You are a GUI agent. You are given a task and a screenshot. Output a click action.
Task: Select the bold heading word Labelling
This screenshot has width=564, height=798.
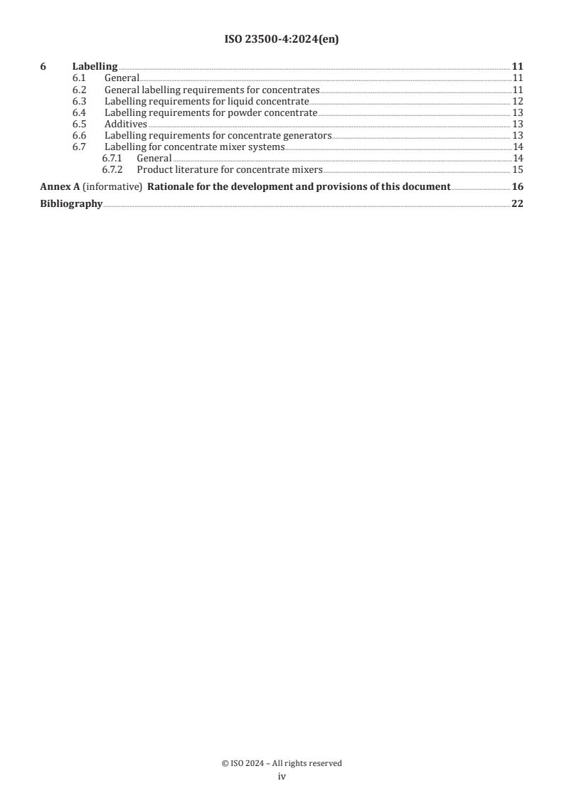point(95,67)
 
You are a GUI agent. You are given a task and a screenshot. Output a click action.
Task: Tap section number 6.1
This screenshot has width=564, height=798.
point(80,78)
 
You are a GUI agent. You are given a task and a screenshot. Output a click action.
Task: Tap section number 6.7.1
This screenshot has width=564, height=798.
point(112,159)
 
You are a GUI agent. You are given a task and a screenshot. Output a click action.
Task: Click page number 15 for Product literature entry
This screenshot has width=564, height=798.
point(518,170)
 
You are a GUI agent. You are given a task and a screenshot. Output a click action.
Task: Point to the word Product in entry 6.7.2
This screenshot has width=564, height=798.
point(155,170)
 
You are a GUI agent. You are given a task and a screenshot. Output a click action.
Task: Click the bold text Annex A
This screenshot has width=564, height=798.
point(58,188)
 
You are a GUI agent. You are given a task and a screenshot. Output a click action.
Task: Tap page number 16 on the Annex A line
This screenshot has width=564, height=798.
point(518,188)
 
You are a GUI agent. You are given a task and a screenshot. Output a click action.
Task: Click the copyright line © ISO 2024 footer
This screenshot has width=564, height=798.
point(282,763)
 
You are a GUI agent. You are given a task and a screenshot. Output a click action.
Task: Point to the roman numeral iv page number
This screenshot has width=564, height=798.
point(282,777)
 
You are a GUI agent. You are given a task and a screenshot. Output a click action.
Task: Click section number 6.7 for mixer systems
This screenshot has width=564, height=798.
point(80,147)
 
